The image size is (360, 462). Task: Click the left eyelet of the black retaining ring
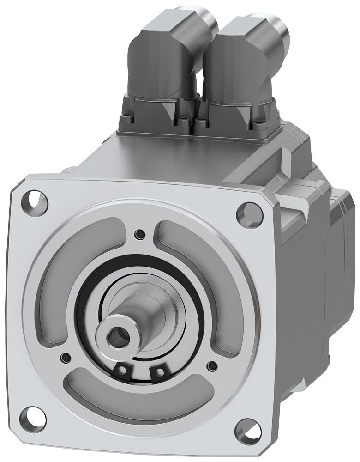123,369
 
